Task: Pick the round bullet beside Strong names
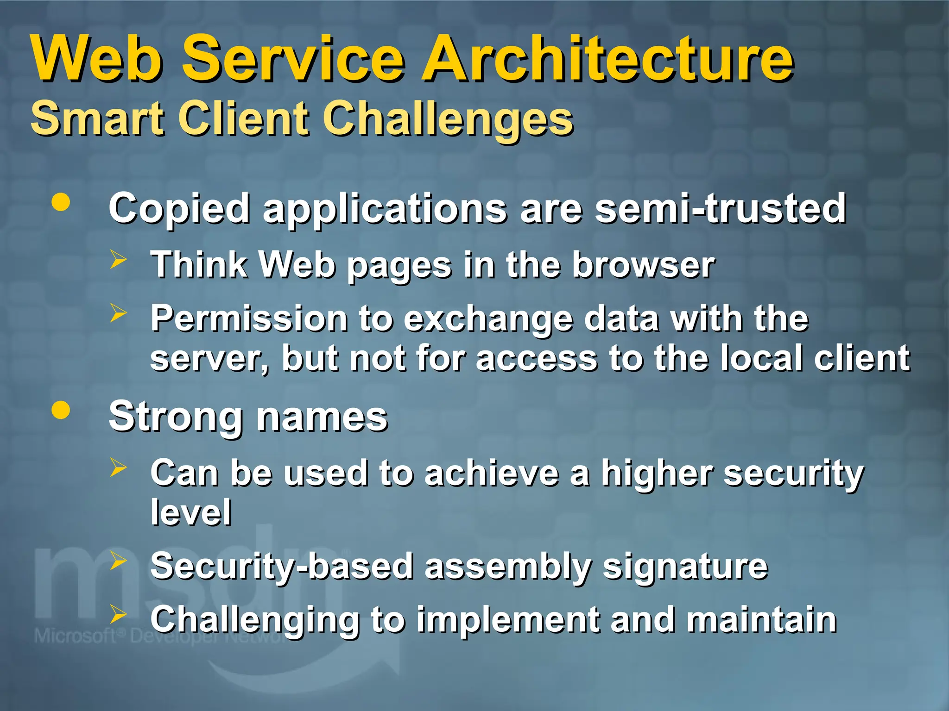tap(61, 410)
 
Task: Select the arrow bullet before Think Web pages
tap(119, 260)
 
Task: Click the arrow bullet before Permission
tap(119, 313)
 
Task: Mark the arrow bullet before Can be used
tap(119, 468)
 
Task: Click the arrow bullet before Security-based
tap(119, 561)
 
